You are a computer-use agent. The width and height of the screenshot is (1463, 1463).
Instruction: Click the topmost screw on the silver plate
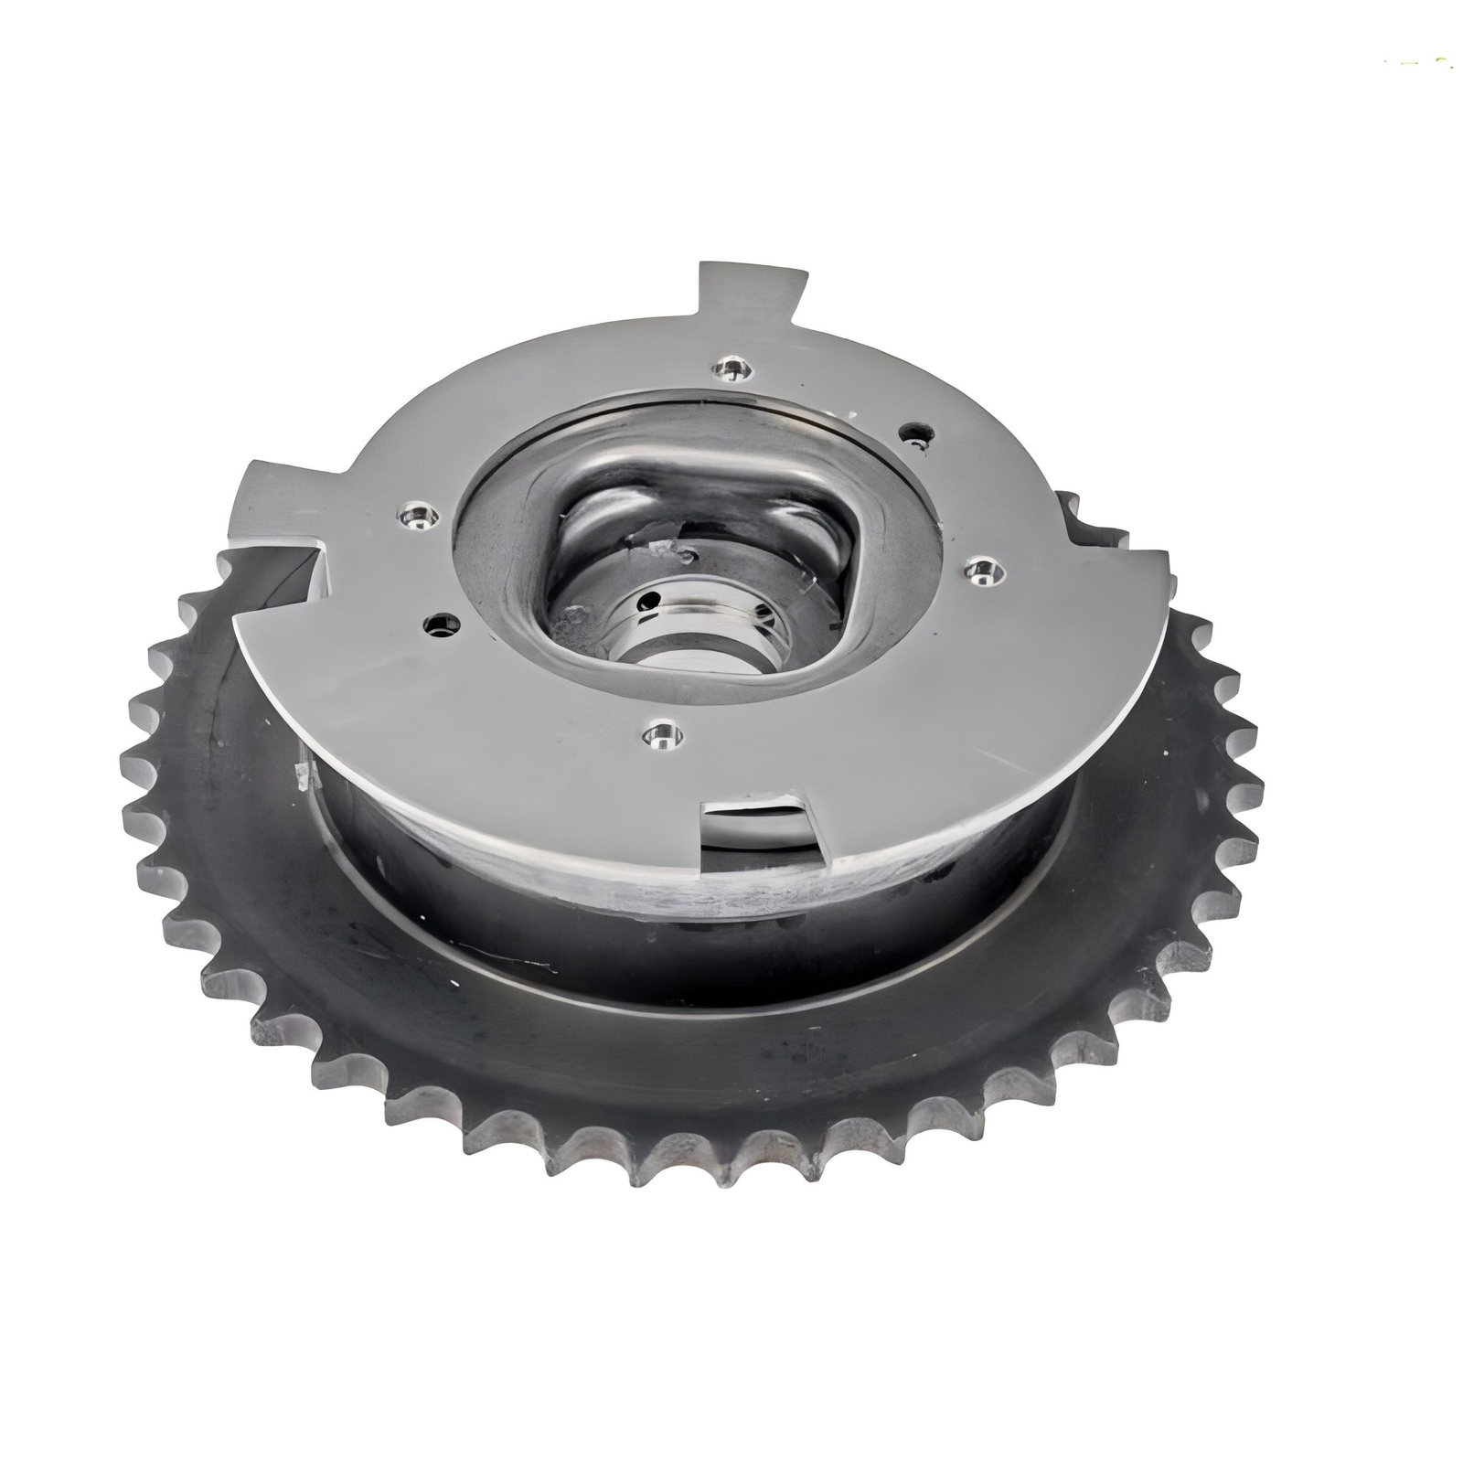tap(732, 369)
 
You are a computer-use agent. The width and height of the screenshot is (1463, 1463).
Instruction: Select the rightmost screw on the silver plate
tap(980, 571)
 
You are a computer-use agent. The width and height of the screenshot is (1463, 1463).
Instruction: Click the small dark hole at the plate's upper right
tap(912, 433)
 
